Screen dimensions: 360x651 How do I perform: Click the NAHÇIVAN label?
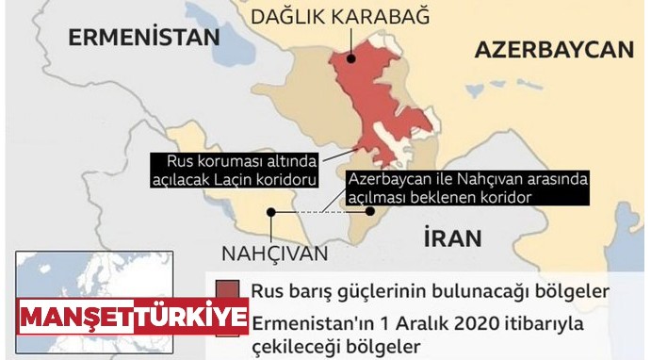[275, 254]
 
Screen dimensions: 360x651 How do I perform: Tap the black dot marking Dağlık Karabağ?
[350, 59]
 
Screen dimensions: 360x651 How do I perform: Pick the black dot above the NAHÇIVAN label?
[270, 214]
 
